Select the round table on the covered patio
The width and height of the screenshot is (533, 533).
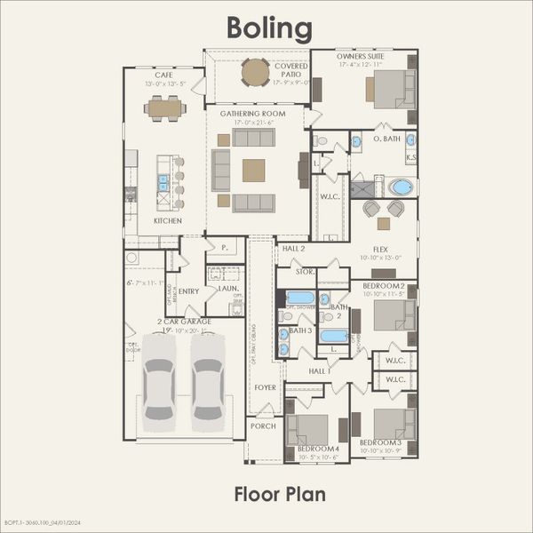coord(255,72)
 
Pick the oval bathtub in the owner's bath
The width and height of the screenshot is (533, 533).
coord(401,187)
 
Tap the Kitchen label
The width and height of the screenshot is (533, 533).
coord(167,220)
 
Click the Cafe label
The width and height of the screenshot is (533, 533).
coord(164,76)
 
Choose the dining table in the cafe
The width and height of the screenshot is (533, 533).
coord(166,108)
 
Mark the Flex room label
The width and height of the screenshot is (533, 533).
coord(382,251)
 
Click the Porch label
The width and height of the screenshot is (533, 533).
coord(262,426)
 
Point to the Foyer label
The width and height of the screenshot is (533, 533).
coord(266,387)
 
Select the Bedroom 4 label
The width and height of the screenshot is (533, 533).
coord(318,449)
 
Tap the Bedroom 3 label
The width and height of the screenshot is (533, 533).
coord(380,442)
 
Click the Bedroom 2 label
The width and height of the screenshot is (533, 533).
coord(383,286)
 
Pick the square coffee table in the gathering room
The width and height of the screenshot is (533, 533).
coord(254,170)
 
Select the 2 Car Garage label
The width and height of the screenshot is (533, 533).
coord(184,322)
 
